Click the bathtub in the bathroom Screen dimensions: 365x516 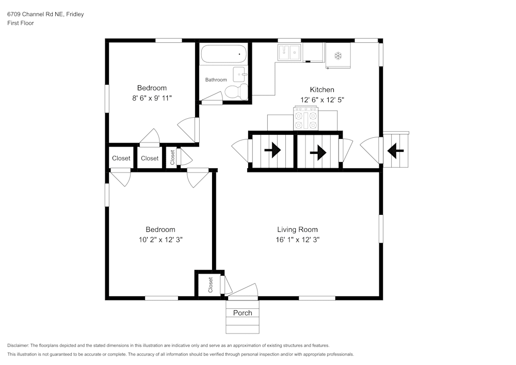pyautogui.click(x=224, y=54)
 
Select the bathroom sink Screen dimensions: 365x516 pyautogui.click(x=240, y=74)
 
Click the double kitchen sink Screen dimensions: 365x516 pyautogui.click(x=290, y=53)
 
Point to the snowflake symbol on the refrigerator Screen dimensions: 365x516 pyautogui.click(x=338, y=55)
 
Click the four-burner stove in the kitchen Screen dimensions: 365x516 pyautogui.click(x=306, y=119)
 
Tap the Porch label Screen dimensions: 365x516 pyautogui.click(x=243, y=313)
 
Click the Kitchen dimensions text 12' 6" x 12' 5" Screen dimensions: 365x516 pyautogui.click(x=322, y=100)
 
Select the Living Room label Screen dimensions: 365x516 pyautogui.click(x=297, y=230)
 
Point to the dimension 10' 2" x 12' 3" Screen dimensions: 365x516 pyautogui.click(x=160, y=240)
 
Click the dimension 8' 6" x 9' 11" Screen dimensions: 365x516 pyautogui.click(x=152, y=98)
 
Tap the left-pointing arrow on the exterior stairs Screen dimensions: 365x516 pyautogui.click(x=396, y=151)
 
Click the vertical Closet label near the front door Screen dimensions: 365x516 pyautogui.click(x=211, y=284)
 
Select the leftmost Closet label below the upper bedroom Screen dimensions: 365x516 pyautogui.click(x=121, y=158)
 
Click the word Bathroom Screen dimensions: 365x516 pyautogui.click(x=216, y=80)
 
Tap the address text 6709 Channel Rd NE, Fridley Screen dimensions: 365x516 pyautogui.click(x=45, y=14)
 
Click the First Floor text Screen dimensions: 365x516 pyautogui.click(x=21, y=23)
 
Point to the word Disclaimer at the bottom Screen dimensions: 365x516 pyautogui.click(x=18, y=345)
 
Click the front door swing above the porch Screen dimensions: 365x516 pyautogui.click(x=244, y=291)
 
